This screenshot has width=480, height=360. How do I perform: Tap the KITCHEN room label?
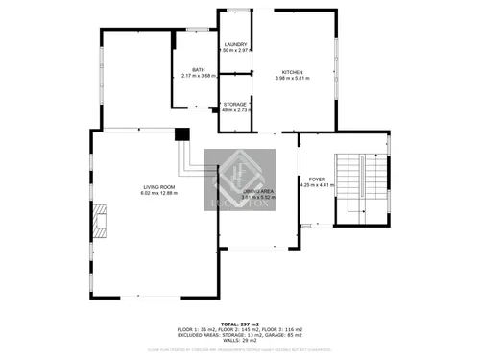coord(292,72)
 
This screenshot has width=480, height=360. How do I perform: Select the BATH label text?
coord(198,69)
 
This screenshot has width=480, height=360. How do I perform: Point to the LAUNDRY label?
coord(236,45)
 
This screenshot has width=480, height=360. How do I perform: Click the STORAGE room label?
coord(236,104)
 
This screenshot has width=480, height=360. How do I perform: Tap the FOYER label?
coord(317,180)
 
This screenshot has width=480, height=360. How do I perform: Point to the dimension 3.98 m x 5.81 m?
coord(292,79)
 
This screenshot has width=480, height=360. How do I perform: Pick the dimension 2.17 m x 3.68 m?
coord(198,76)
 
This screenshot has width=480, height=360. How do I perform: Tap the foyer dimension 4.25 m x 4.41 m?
coord(317,186)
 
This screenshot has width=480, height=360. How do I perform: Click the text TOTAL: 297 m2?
coord(240,324)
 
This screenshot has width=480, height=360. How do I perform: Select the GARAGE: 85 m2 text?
coord(285,335)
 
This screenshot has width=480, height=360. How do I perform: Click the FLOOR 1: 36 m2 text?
coord(196,329)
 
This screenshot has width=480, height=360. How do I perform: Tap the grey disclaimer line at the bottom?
coord(240,348)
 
